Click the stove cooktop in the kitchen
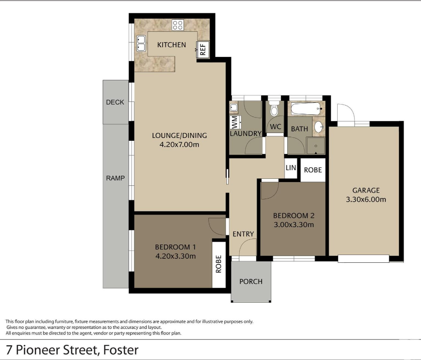coord(178,25)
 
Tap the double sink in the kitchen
coord(141,43)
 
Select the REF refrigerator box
coord(203,50)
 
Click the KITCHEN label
coord(172,44)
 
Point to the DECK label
coord(115,102)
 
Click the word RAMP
coord(115,178)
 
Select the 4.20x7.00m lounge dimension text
coord(180,144)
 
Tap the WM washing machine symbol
coord(235,122)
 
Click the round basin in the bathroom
coord(319,127)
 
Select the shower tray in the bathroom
coord(316,146)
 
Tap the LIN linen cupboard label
coord(291,168)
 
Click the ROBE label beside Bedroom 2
coord(313,170)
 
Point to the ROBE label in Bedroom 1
coord(219,264)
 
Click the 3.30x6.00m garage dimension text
coord(366,199)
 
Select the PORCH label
coord(251,282)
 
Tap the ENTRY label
coord(243,234)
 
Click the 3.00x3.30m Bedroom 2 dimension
coord(294,225)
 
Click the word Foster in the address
coord(121,350)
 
